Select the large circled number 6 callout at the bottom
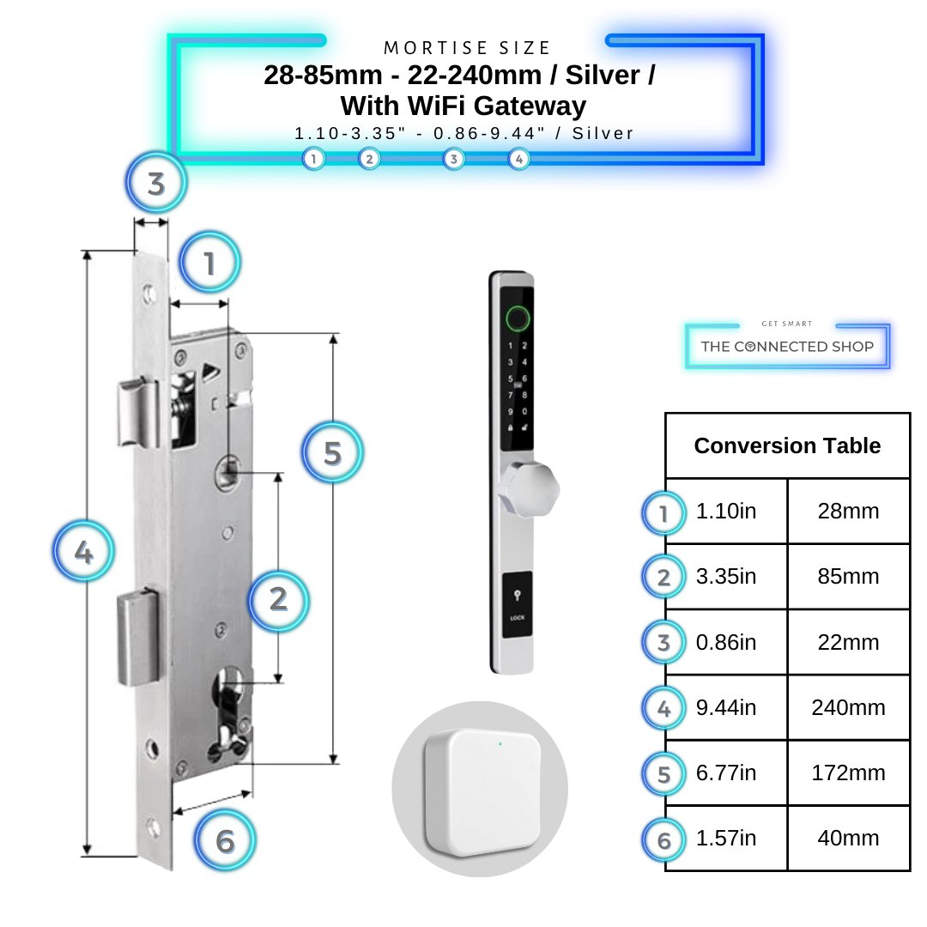pos(225,840)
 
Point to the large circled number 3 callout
pos(155,183)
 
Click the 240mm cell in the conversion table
pos(848,708)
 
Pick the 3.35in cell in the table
pos(726,577)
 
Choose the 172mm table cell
pos(848,773)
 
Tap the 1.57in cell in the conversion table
pos(726,839)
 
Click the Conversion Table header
pos(787,446)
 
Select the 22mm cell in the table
pos(848,642)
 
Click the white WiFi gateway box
pos(481,788)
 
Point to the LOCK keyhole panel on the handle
pos(517,606)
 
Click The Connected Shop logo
pos(787,347)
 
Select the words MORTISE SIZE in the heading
pos(468,48)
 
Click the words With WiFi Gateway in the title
pos(463,106)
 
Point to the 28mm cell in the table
pos(848,512)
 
